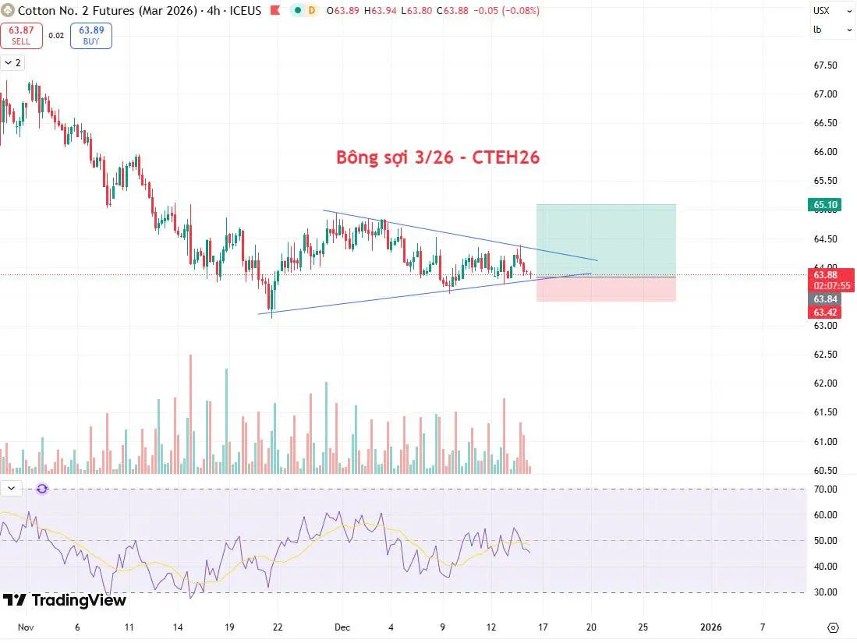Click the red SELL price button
point(20,35)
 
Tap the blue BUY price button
point(90,35)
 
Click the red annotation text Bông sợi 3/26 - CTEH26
point(437,157)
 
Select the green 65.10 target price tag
point(826,205)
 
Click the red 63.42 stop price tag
point(826,312)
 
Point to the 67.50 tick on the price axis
point(826,65)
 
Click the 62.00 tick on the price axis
point(826,383)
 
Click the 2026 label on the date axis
point(710,627)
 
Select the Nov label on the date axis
point(26,627)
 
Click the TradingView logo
point(64,600)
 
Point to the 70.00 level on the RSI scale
point(826,489)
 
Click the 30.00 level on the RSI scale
point(826,592)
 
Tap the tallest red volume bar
point(190,413)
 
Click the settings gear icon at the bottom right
point(833,627)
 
